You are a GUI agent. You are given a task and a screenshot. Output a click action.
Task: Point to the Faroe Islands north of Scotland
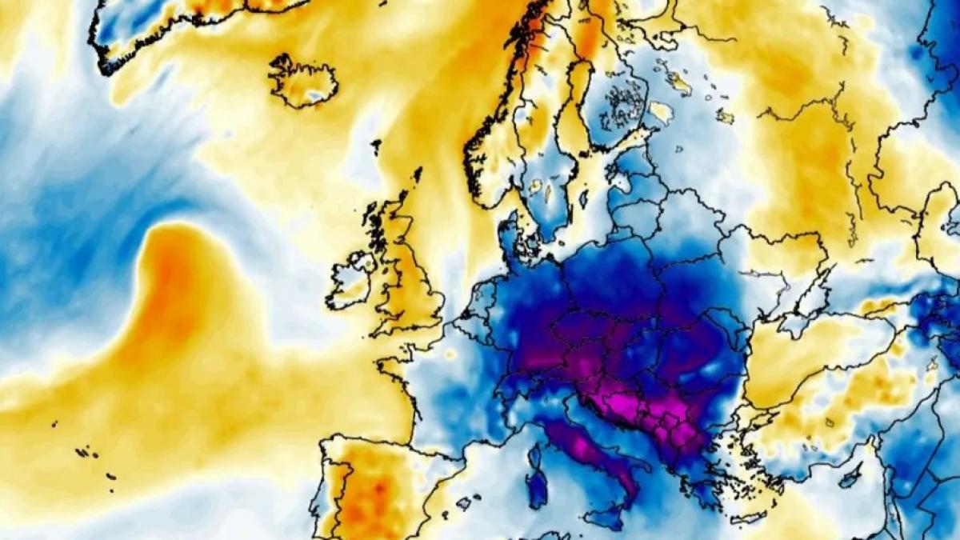[376, 146]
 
